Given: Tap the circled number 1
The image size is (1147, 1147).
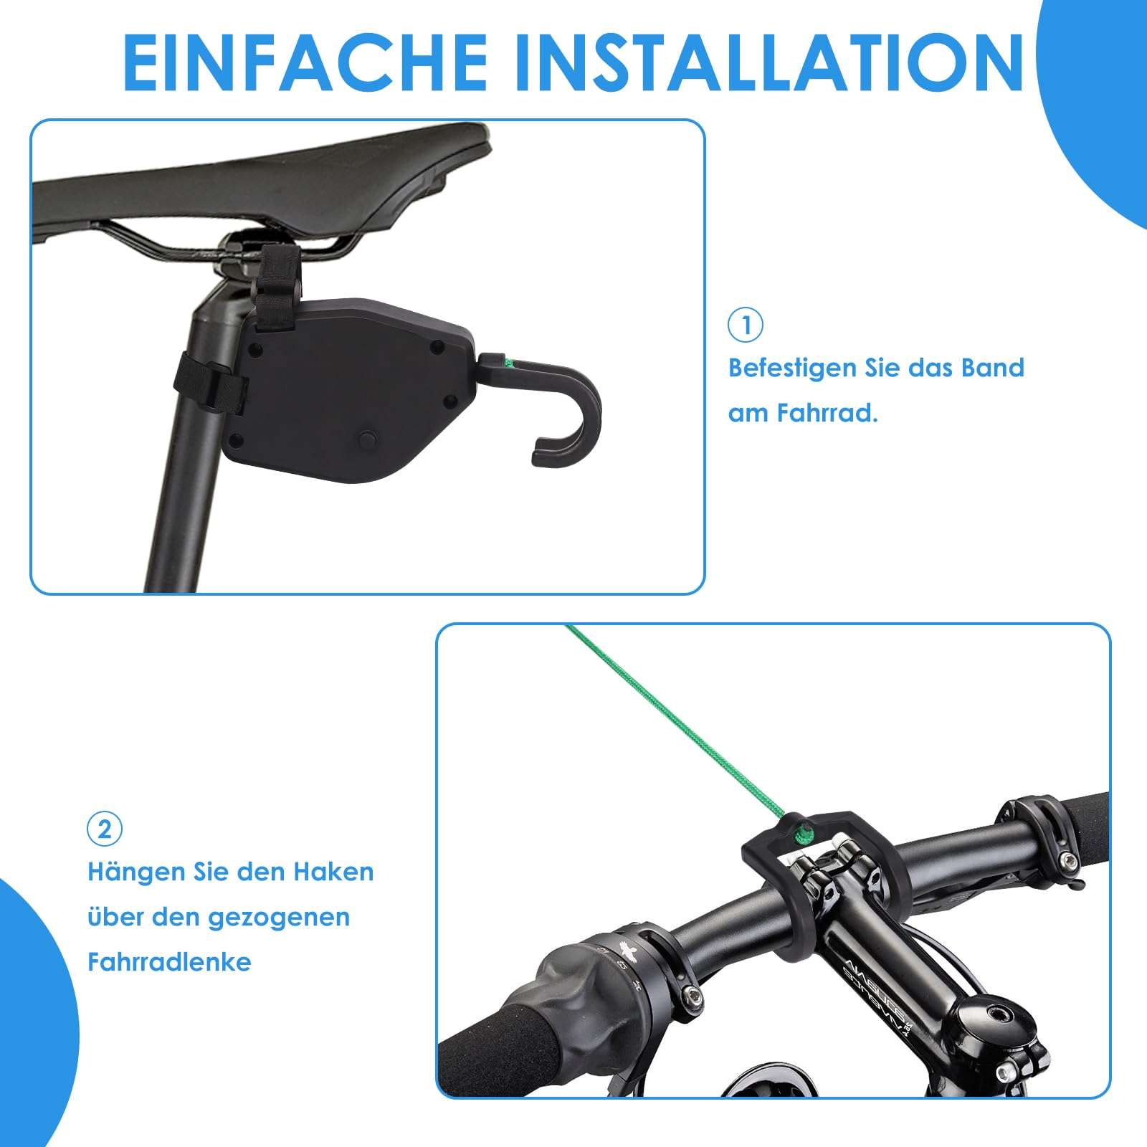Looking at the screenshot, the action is pyautogui.click(x=746, y=325).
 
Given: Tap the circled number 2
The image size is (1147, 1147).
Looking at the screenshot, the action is pyautogui.click(x=105, y=829).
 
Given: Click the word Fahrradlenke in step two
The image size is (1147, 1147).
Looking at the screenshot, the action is pyautogui.click(x=169, y=962).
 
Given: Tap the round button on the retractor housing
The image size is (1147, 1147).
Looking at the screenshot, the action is pyautogui.click(x=368, y=437).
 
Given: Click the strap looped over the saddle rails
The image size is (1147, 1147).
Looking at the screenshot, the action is pyautogui.click(x=276, y=287).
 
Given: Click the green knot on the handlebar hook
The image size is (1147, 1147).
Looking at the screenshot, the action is pyautogui.click(x=803, y=833).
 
